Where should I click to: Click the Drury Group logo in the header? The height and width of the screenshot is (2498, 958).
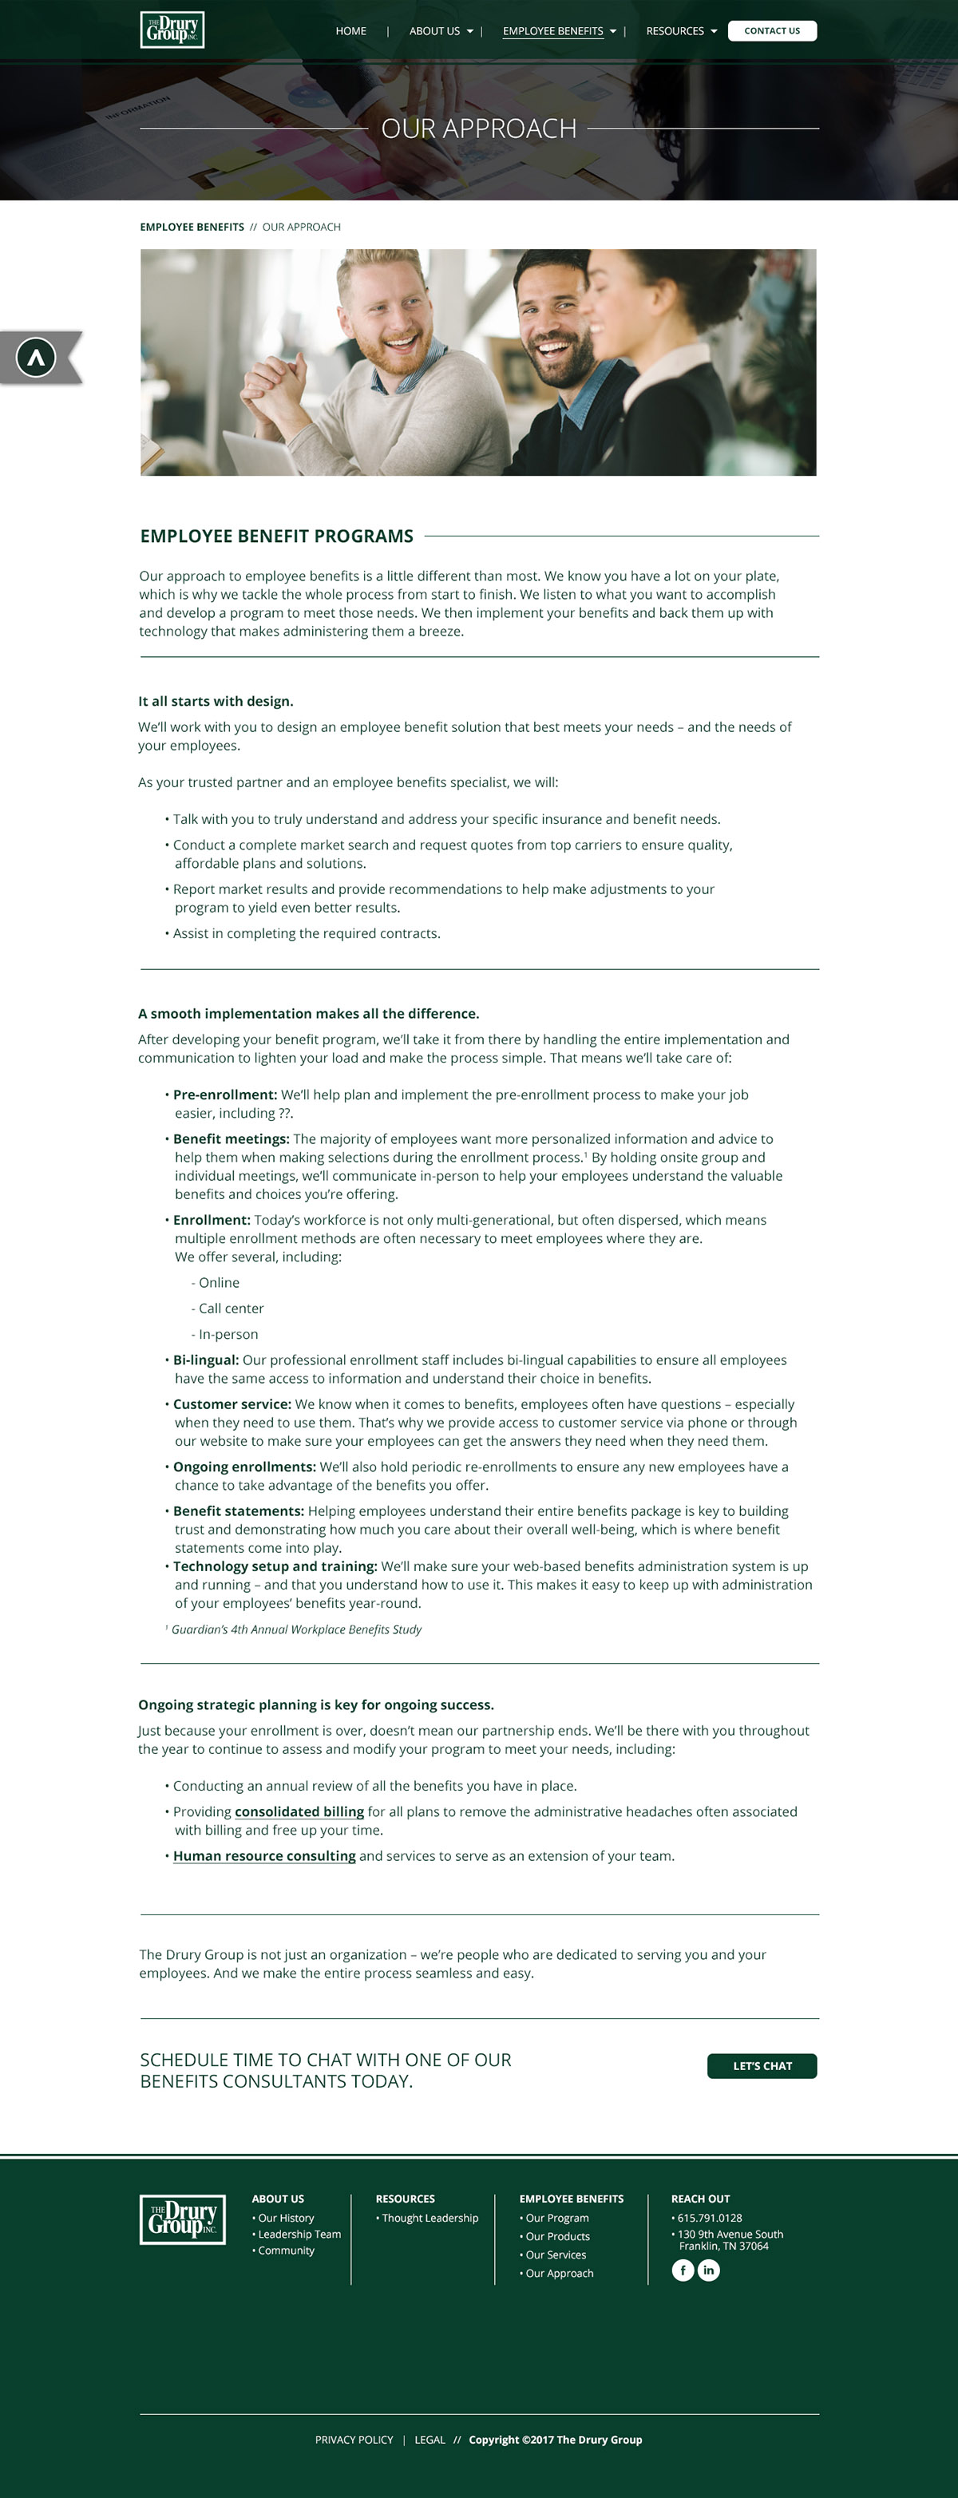click(x=172, y=30)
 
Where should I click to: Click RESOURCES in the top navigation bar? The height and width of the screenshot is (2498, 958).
click(x=681, y=31)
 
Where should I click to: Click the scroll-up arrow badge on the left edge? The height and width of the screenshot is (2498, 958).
click(x=37, y=358)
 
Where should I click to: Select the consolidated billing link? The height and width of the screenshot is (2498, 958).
click(x=299, y=1811)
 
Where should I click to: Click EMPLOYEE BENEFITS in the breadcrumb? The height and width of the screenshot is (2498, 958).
click(x=192, y=227)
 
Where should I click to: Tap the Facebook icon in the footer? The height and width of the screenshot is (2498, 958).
click(x=683, y=2270)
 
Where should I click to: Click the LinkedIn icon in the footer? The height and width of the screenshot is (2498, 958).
click(x=709, y=2270)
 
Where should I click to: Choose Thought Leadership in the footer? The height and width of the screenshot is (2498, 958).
click(x=430, y=2218)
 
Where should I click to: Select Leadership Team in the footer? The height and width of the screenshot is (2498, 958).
click(x=299, y=2235)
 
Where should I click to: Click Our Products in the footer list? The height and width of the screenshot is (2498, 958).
click(x=556, y=2236)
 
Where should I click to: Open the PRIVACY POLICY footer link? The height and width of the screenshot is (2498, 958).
click(x=354, y=2440)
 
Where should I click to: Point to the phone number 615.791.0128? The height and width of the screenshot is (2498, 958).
click(x=709, y=2218)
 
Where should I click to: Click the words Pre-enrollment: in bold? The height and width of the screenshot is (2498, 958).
click(x=225, y=1095)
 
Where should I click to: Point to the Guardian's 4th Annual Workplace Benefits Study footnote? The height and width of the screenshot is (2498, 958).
click(x=295, y=1629)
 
